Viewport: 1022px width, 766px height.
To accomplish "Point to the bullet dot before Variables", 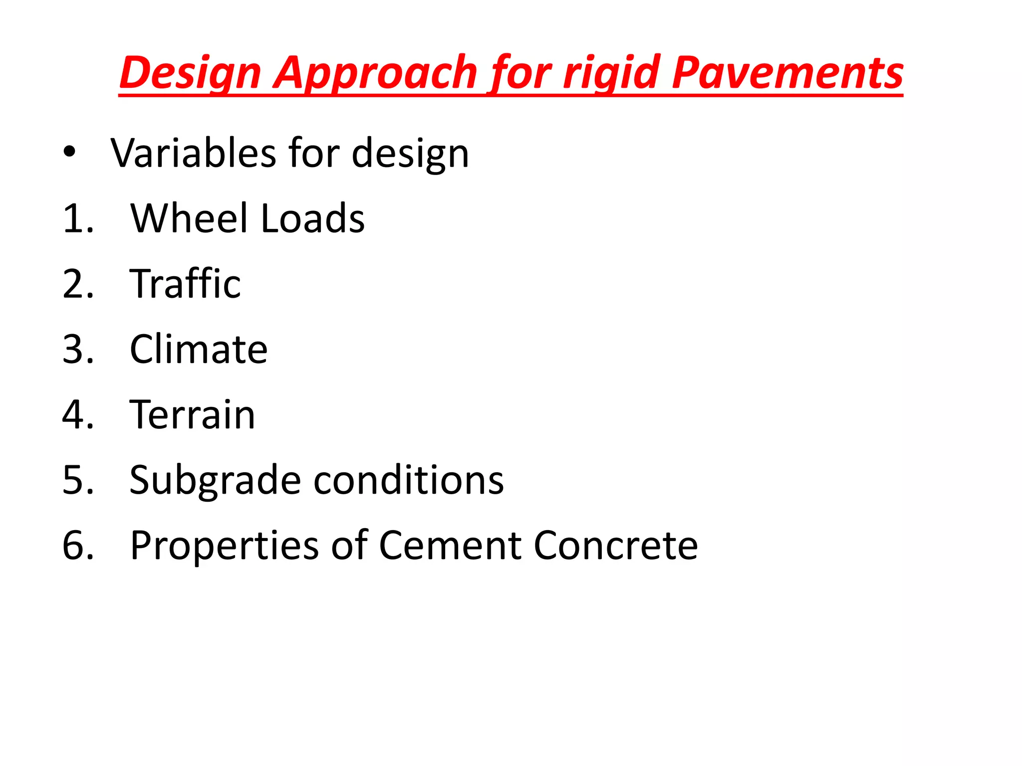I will pos(69,152).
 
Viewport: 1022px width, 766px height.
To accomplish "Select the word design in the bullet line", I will pos(410,154).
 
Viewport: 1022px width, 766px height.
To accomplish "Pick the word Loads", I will pos(313,218).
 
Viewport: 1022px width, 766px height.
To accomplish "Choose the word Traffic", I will pos(185,283).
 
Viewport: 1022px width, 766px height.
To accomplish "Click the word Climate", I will pos(199,349).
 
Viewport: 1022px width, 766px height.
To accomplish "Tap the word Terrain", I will pos(192,414).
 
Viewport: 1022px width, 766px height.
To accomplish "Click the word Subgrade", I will pos(215,481).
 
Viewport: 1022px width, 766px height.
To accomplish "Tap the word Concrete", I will pos(616,545).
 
